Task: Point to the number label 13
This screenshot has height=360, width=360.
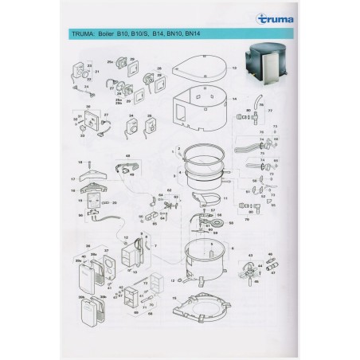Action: (235, 70)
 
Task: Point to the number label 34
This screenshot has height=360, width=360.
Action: (129, 114)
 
